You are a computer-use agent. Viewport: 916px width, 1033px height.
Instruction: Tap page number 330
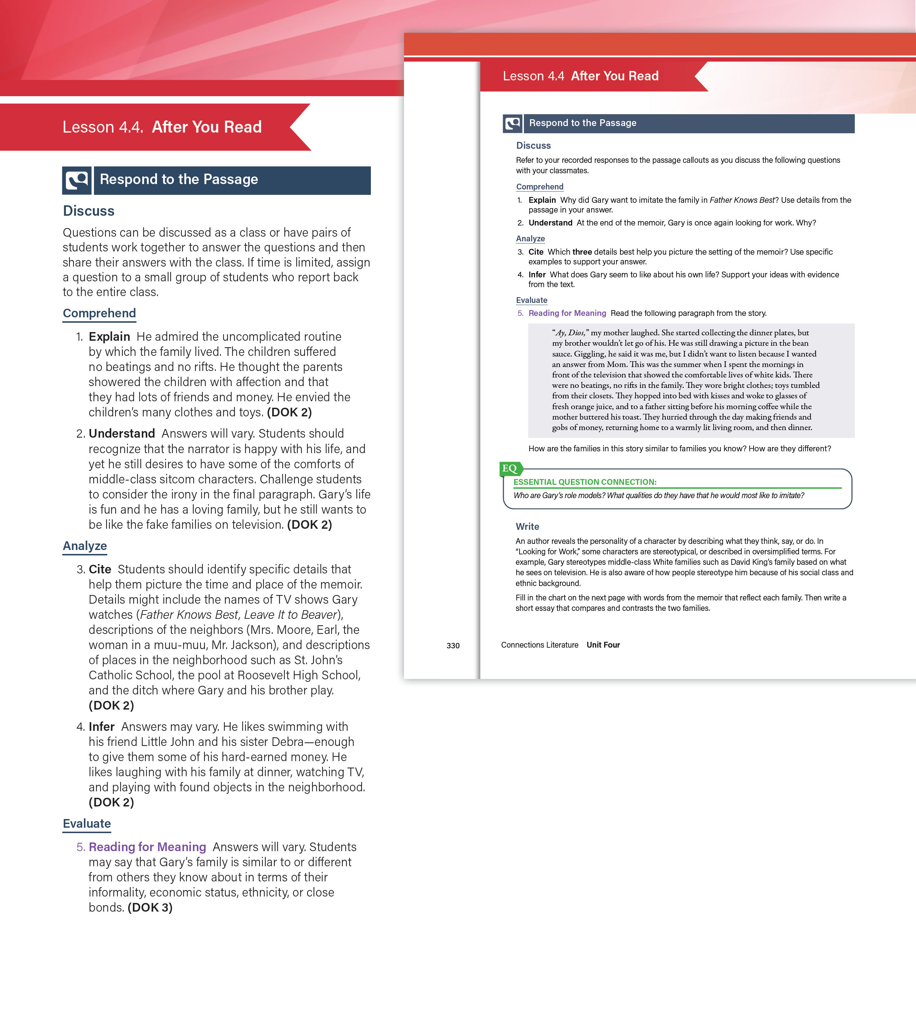point(453,645)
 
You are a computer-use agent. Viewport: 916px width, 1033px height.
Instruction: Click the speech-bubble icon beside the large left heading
point(77,180)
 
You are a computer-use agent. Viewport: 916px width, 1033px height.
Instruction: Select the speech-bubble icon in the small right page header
point(512,123)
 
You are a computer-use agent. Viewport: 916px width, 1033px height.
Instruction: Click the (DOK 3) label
point(150,907)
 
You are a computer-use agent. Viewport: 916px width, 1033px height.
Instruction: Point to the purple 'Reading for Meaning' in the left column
point(147,846)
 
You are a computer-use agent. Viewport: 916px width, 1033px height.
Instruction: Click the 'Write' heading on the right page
point(527,526)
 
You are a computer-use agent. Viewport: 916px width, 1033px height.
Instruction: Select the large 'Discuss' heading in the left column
point(89,211)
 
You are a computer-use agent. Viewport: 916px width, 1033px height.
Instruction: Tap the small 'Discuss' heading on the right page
point(533,146)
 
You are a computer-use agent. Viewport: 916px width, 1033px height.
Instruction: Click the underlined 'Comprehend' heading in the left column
point(99,313)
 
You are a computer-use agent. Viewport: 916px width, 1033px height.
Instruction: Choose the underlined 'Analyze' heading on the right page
point(530,238)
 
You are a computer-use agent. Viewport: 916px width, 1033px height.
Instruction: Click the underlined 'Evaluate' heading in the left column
point(86,823)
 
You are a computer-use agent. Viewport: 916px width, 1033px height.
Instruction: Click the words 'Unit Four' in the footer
point(603,645)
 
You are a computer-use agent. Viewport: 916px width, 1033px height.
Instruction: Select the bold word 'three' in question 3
point(582,252)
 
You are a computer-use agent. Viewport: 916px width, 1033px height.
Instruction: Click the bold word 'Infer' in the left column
point(102,726)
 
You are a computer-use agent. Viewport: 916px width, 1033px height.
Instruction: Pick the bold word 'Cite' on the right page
point(535,252)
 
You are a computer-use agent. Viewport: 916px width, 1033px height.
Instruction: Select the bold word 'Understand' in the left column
point(122,433)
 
